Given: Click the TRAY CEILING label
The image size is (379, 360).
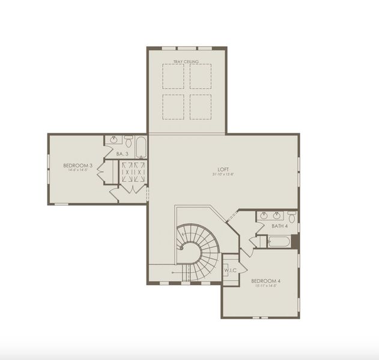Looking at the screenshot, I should tap(186, 61).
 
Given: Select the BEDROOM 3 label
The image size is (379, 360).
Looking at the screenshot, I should tap(77, 165).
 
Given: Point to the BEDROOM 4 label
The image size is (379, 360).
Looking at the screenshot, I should tap(266, 281).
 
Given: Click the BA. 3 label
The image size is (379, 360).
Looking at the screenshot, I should tap(122, 154).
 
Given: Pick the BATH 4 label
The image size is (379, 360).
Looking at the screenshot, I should tap(280, 226).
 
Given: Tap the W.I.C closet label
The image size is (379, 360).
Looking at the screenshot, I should tap(231, 270).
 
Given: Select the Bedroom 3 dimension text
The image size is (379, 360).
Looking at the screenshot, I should tap(77, 170).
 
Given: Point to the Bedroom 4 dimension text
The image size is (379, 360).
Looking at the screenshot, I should tap(265, 286).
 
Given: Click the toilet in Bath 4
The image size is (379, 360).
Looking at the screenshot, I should tap(291, 215).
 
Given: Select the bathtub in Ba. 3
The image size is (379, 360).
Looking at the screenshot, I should tap(141, 147).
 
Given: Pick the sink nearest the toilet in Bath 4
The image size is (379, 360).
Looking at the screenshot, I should tap(277, 215).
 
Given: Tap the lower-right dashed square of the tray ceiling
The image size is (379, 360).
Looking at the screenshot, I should tap(201, 105).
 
